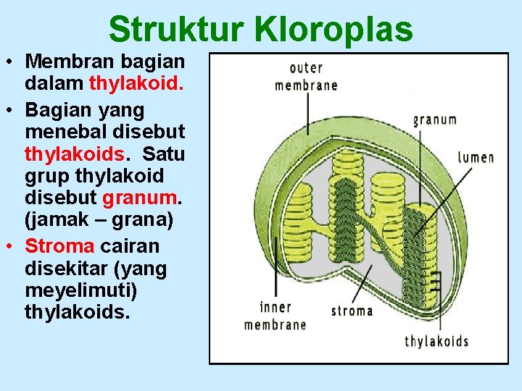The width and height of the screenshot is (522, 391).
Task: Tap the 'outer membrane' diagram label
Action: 306,76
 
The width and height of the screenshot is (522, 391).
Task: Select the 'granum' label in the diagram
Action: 434,119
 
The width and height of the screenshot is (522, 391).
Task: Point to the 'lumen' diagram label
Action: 476,156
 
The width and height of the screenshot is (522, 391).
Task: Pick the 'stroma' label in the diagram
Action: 352,311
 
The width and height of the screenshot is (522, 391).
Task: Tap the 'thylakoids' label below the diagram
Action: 436,341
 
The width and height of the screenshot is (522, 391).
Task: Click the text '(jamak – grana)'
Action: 99,219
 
